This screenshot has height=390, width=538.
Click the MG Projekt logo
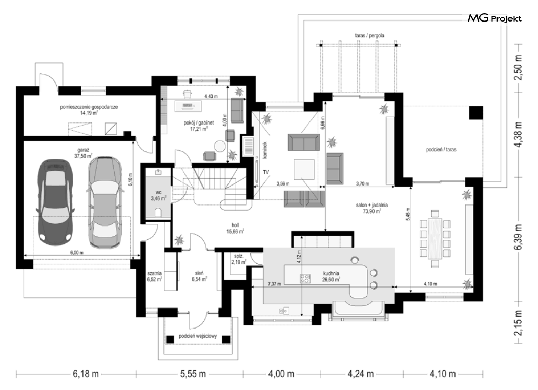[495, 18]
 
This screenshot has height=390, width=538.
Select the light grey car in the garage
[105, 202]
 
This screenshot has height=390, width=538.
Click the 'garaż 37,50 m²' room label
[84, 153]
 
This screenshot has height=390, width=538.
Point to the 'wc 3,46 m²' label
[158, 195]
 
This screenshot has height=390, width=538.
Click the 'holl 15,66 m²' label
[235, 228]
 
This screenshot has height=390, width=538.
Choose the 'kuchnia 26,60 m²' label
[331, 276]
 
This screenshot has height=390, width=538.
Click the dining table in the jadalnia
[434, 238]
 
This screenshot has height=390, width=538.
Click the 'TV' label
[266, 172]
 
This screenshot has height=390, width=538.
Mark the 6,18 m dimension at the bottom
[86, 373]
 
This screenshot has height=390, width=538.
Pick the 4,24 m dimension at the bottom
[361, 373]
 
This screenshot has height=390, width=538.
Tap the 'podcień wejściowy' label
[198, 336]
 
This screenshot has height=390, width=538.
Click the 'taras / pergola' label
[369, 35]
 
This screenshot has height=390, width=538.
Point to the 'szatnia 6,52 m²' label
[154, 276]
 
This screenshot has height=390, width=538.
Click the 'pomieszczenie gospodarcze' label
[89, 107]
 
